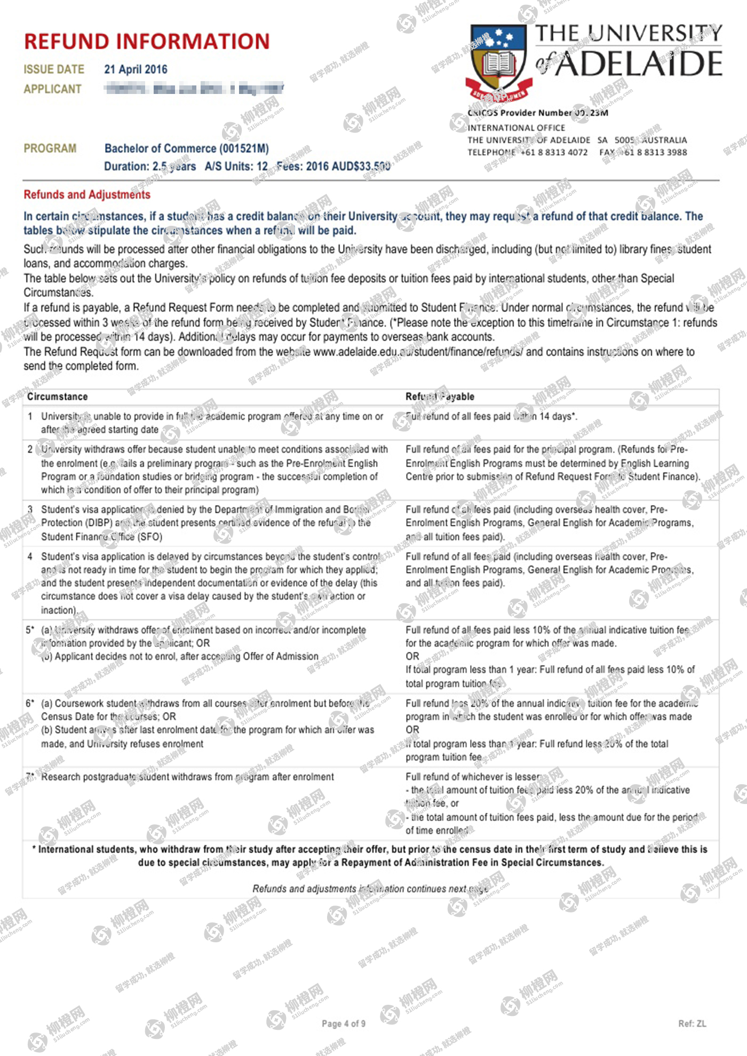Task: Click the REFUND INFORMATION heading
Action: (x=147, y=42)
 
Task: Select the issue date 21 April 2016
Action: (x=136, y=69)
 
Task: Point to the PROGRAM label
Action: (x=50, y=148)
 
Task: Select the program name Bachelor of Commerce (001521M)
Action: (x=186, y=148)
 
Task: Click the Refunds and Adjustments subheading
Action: (x=87, y=195)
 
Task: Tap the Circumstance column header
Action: (x=57, y=397)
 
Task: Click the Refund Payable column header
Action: (x=440, y=397)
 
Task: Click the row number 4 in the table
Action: (x=30, y=557)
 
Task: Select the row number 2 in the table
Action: (x=30, y=450)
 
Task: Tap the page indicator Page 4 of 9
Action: (x=343, y=1023)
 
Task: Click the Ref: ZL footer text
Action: (x=692, y=1023)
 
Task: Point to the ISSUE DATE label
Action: (x=54, y=69)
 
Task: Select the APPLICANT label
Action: (x=52, y=89)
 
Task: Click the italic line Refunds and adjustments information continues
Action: (x=370, y=889)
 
